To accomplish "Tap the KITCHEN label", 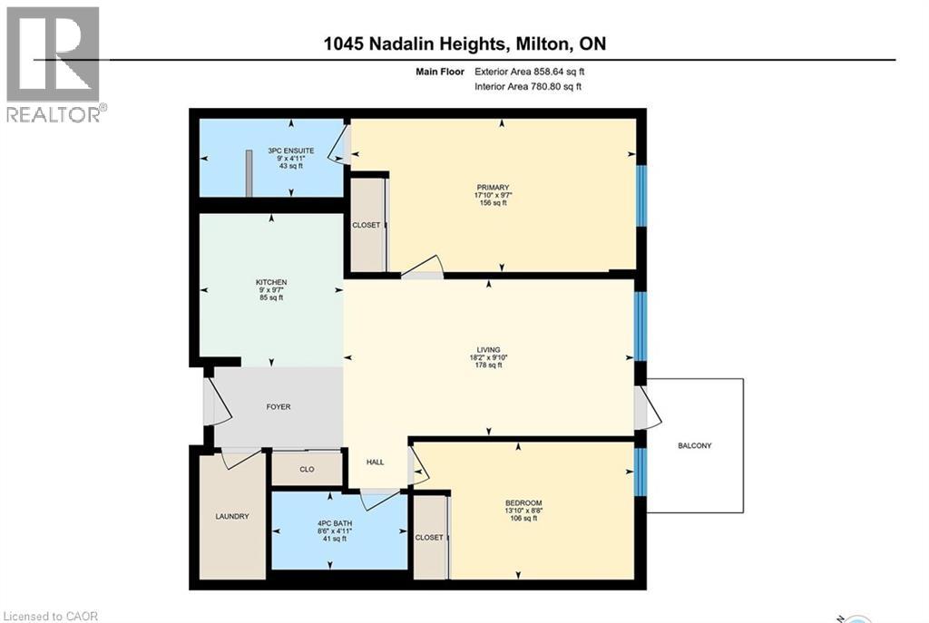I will (270, 282).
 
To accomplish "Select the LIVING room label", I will (489, 349).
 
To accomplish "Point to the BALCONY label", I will (695, 445).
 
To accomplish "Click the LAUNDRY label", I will (232, 517).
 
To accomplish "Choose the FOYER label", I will (279, 407).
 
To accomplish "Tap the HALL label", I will (375, 462).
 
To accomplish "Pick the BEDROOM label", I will (523, 503).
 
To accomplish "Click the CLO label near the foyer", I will (307, 470).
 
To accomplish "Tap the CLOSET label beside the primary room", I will (367, 225).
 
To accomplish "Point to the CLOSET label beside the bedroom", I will (429, 538).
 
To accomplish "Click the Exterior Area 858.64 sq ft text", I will (535, 71).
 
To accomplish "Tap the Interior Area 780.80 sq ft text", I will (528, 87).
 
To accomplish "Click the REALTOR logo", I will (54, 63).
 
